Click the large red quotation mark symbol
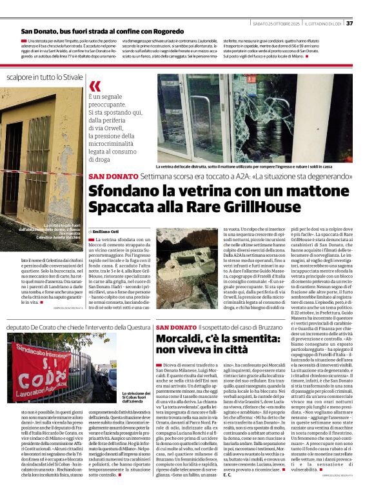(x=95, y=86)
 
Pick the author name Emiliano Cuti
(x=107, y=230)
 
